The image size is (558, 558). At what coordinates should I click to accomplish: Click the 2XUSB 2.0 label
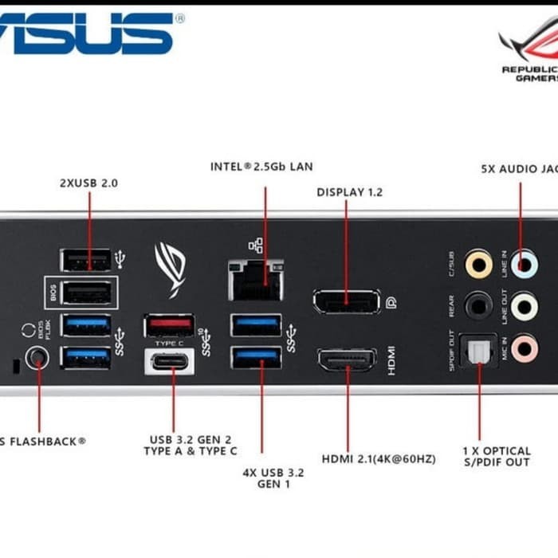click(x=88, y=183)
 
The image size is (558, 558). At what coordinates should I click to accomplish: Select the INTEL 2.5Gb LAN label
click(x=261, y=167)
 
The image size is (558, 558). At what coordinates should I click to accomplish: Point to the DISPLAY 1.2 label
click(x=349, y=192)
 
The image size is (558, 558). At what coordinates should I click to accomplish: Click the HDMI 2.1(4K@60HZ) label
click(x=378, y=459)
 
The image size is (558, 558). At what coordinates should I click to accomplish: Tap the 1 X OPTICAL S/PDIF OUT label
click(x=496, y=456)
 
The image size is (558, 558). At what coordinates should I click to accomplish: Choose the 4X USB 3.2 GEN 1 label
click(x=273, y=477)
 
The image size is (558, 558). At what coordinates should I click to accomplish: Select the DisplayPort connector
click(x=345, y=302)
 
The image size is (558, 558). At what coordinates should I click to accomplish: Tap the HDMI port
click(x=347, y=360)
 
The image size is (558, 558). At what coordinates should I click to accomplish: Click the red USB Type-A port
click(x=169, y=325)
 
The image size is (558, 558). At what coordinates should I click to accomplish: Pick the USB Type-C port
click(x=169, y=361)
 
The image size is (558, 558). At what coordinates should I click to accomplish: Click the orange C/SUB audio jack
click(x=478, y=263)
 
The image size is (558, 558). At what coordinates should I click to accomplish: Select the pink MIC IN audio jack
click(x=524, y=348)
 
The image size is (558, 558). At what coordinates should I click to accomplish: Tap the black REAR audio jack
click(x=478, y=305)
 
